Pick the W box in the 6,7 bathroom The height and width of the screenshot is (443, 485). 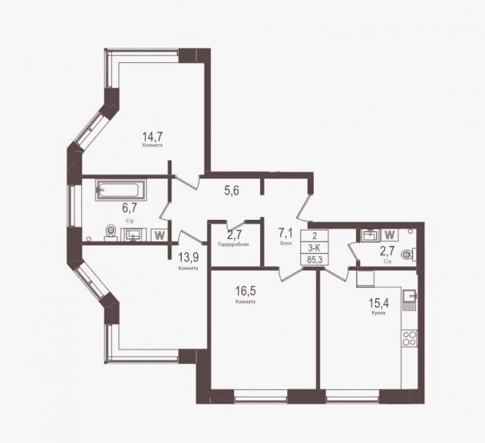[159, 234]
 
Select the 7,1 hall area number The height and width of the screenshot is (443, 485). [285, 233]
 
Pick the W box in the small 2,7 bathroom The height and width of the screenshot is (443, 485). [391, 234]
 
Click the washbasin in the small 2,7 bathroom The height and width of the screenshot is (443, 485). [370, 234]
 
